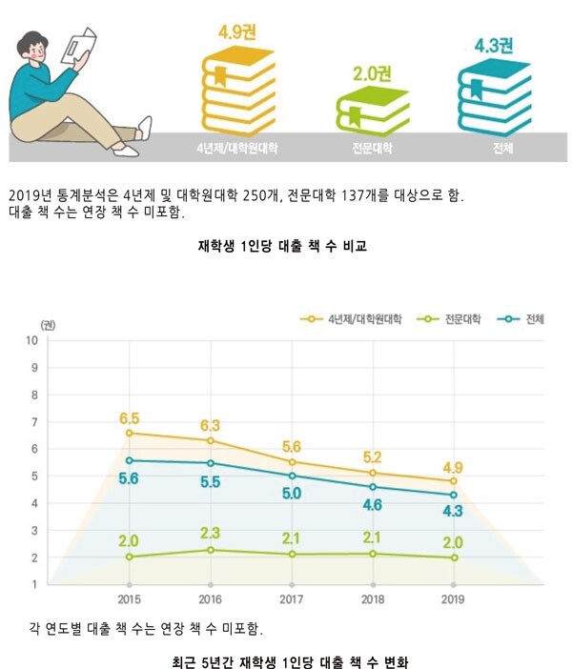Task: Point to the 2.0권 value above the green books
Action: (x=373, y=72)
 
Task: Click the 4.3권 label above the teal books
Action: (x=494, y=44)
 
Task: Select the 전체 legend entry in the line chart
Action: (x=523, y=317)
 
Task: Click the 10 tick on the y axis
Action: (x=31, y=340)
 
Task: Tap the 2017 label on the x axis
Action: (x=291, y=600)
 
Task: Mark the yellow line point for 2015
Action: (x=129, y=433)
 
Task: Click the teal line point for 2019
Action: (x=454, y=495)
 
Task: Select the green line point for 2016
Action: (x=210, y=550)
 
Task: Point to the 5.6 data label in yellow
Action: (x=291, y=445)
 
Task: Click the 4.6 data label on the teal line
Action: (x=372, y=504)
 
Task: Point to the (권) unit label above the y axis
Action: (x=49, y=325)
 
